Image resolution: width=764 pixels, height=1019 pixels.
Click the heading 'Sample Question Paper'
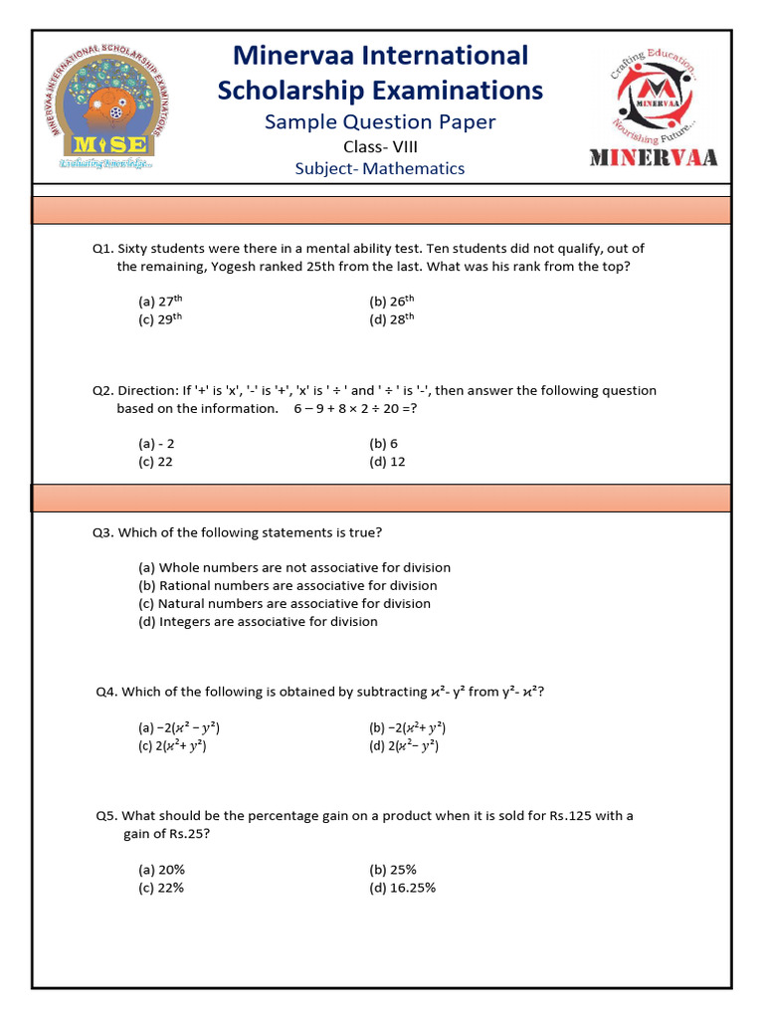(380, 122)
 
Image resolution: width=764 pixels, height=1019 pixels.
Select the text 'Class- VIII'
(380, 146)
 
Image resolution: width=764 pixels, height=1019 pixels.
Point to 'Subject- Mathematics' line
(380, 168)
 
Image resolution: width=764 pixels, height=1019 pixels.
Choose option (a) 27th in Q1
(160, 301)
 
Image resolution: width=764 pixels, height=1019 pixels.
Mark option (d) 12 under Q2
(387, 462)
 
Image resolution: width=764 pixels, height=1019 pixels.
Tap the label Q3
(102, 532)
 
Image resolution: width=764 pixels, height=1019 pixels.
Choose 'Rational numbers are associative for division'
(287, 586)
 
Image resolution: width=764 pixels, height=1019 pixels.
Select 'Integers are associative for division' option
(258, 622)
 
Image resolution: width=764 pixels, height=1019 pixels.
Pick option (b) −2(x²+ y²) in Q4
(408, 727)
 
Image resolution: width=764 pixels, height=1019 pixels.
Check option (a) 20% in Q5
(161, 870)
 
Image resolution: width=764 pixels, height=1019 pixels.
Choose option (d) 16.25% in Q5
(402, 888)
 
